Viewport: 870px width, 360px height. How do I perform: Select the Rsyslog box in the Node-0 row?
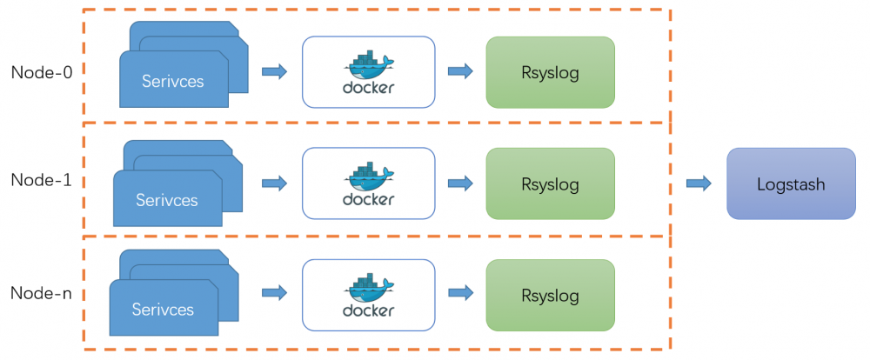[550, 72]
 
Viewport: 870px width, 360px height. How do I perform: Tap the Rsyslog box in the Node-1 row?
[550, 183]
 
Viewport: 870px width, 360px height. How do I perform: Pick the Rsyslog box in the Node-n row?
[550, 295]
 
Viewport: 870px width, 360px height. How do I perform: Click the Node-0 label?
[42, 72]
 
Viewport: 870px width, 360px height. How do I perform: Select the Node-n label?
[42, 293]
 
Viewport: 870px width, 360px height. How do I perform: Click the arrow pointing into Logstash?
[698, 183]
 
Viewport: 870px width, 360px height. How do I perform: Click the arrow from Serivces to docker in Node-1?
[274, 183]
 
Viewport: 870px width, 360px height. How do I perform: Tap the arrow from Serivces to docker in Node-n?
[274, 293]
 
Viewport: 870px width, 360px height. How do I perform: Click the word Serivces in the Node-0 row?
[173, 82]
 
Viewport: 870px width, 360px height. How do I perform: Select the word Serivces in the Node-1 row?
[167, 200]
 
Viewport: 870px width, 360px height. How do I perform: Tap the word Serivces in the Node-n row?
[163, 310]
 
